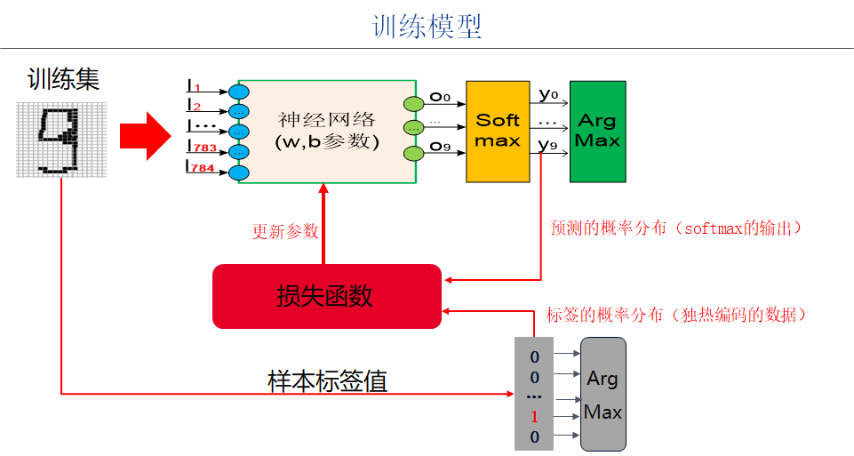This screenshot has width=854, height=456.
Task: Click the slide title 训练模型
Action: [427, 26]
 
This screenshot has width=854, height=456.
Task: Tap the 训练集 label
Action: [63, 80]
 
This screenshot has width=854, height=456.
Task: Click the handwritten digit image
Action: [61, 139]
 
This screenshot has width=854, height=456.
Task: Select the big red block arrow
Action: [145, 135]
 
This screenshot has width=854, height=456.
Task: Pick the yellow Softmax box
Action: [497, 131]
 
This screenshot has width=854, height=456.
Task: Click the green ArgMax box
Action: [597, 131]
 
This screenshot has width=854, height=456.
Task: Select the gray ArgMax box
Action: [603, 394]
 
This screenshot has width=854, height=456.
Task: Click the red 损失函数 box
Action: [326, 297]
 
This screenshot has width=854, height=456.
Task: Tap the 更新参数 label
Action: [285, 231]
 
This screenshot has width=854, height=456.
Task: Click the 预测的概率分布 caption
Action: [676, 228]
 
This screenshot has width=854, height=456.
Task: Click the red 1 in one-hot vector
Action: [534, 417]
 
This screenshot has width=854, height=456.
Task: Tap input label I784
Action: [201, 166]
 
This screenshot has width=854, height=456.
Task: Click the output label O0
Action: [440, 97]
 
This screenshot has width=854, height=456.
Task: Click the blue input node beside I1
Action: [238, 92]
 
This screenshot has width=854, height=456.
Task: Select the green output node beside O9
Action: [413, 154]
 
